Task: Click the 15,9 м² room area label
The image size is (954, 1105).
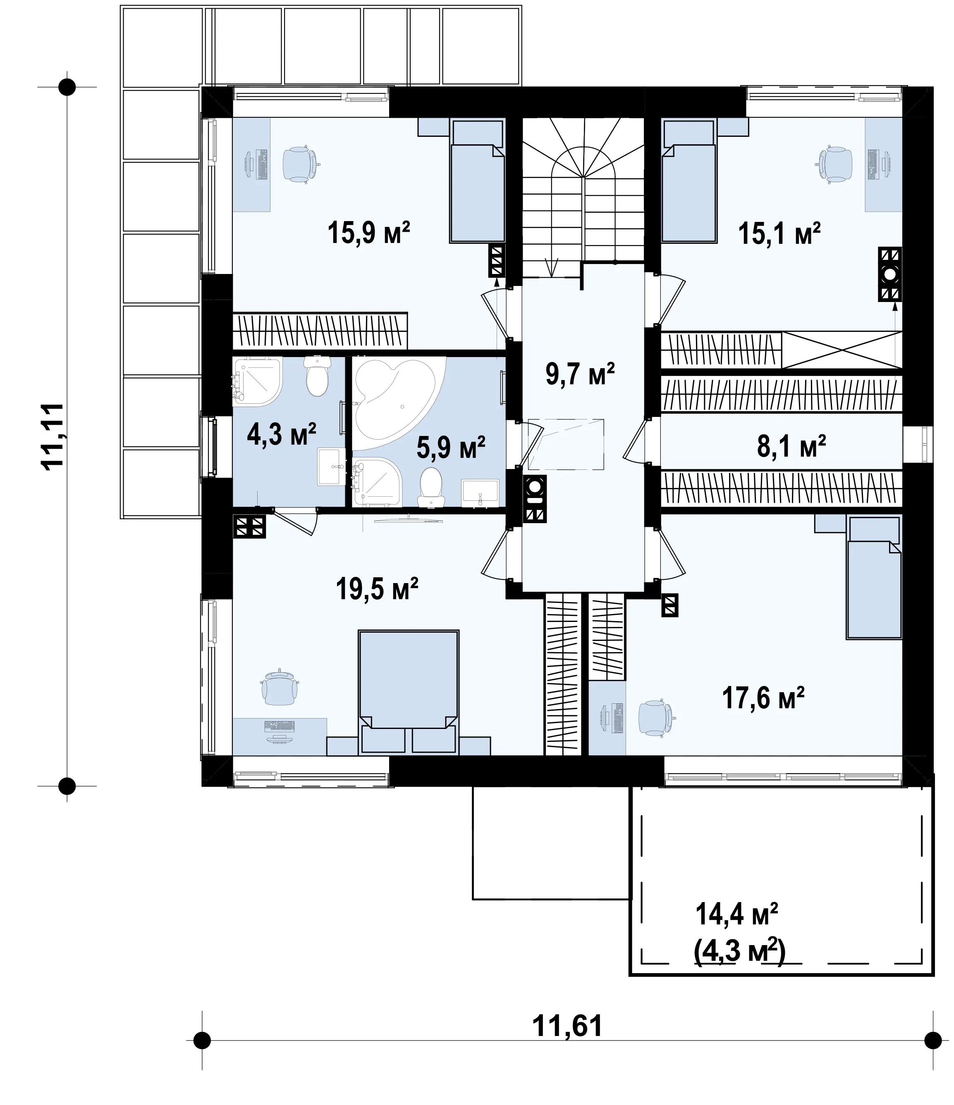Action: pyautogui.click(x=369, y=233)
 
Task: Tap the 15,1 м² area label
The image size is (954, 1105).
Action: pyautogui.click(x=779, y=233)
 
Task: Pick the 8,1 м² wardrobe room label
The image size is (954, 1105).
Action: pyautogui.click(x=791, y=446)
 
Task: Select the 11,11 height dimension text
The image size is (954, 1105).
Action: pyautogui.click(x=53, y=436)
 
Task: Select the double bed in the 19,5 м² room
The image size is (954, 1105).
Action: pyautogui.click(x=409, y=692)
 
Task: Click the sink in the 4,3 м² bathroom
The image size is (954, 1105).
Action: pyautogui.click(x=331, y=466)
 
